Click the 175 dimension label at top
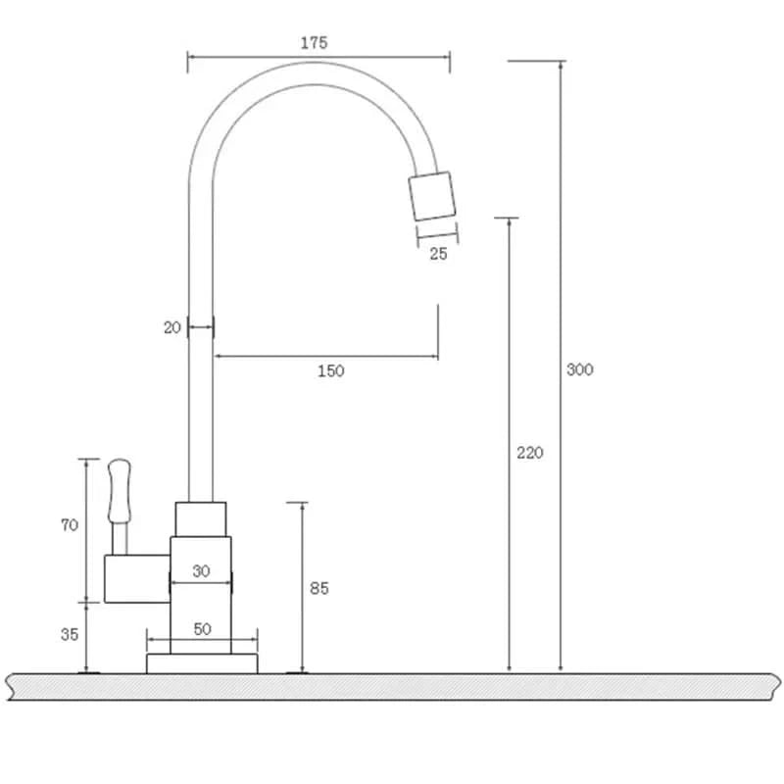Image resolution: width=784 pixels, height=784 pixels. [x=315, y=42]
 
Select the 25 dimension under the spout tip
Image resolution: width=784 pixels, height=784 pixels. [x=438, y=254]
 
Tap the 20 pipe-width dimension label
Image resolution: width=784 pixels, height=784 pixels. [x=172, y=328]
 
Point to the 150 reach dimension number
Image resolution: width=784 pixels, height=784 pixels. [x=331, y=370]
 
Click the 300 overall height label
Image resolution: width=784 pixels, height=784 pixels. [x=580, y=369]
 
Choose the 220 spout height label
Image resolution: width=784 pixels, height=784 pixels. [x=529, y=453]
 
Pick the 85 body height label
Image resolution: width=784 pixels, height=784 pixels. [x=319, y=588]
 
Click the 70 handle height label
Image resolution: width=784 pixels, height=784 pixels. [x=70, y=525]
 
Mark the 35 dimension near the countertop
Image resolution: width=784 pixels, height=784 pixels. [x=70, y=634]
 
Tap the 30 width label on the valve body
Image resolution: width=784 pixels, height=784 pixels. [x=201, y=571]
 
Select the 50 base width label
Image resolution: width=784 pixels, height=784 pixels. [x=202, y=629]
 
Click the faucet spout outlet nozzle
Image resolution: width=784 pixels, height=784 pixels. [x=432, y=196]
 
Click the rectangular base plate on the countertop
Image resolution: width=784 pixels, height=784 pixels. [x=202, y=663]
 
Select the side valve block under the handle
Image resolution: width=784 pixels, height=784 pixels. [x=136, y=578]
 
